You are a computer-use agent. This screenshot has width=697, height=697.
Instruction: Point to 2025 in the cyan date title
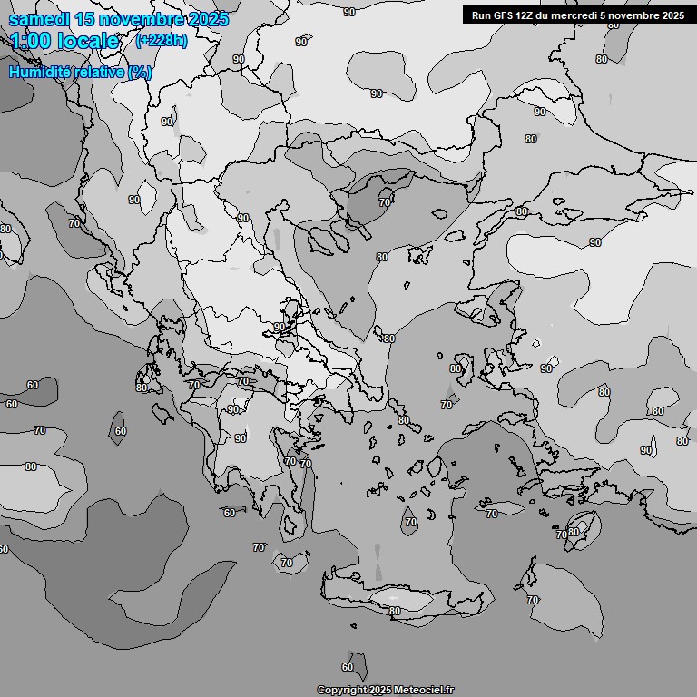[x=208, y=19]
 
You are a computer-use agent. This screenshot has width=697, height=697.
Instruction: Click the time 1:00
[x=31, y=41]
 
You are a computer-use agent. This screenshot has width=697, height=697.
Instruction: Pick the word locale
[x=88, y=41]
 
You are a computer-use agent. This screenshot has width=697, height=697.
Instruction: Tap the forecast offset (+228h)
[x=161, y=41]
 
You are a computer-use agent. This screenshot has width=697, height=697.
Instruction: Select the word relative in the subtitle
[x=100, y=72]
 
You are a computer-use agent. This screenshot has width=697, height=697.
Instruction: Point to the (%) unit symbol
[x=140, y=72]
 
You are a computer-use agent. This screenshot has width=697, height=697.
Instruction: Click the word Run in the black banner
[x=481, y=15]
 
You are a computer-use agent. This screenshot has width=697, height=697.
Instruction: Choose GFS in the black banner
[x=504, y=15]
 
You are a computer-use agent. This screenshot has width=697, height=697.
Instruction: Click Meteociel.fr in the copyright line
[x=426, y=691]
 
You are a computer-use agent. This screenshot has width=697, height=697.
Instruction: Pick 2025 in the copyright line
[x=380, y=691]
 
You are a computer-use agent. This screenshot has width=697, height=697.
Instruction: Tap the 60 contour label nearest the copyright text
[x=348, y=667]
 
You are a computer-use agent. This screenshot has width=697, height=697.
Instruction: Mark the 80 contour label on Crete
[x=395, y=611]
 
